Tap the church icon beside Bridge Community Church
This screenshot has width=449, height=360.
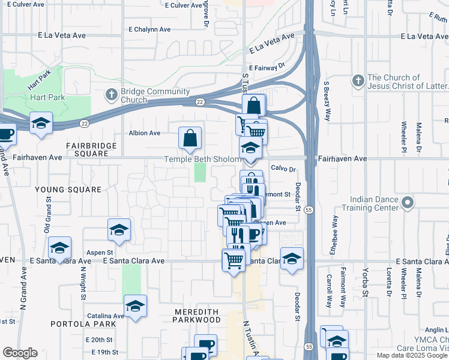click(111, 94)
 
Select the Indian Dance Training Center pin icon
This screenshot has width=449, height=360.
click(408, 202)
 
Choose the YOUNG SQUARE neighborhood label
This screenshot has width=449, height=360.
click(68, 190)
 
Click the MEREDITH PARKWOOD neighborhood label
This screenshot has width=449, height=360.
click(197, 316)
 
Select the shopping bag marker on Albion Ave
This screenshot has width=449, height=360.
click(190, 138)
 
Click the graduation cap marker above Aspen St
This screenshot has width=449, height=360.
click(119, 230)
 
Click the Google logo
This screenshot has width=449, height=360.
click(19, 353)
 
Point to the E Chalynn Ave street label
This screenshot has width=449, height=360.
click(149, 29)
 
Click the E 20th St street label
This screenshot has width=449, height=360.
click(98, 340)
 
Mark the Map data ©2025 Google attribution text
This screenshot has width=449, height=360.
click(412, 355)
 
